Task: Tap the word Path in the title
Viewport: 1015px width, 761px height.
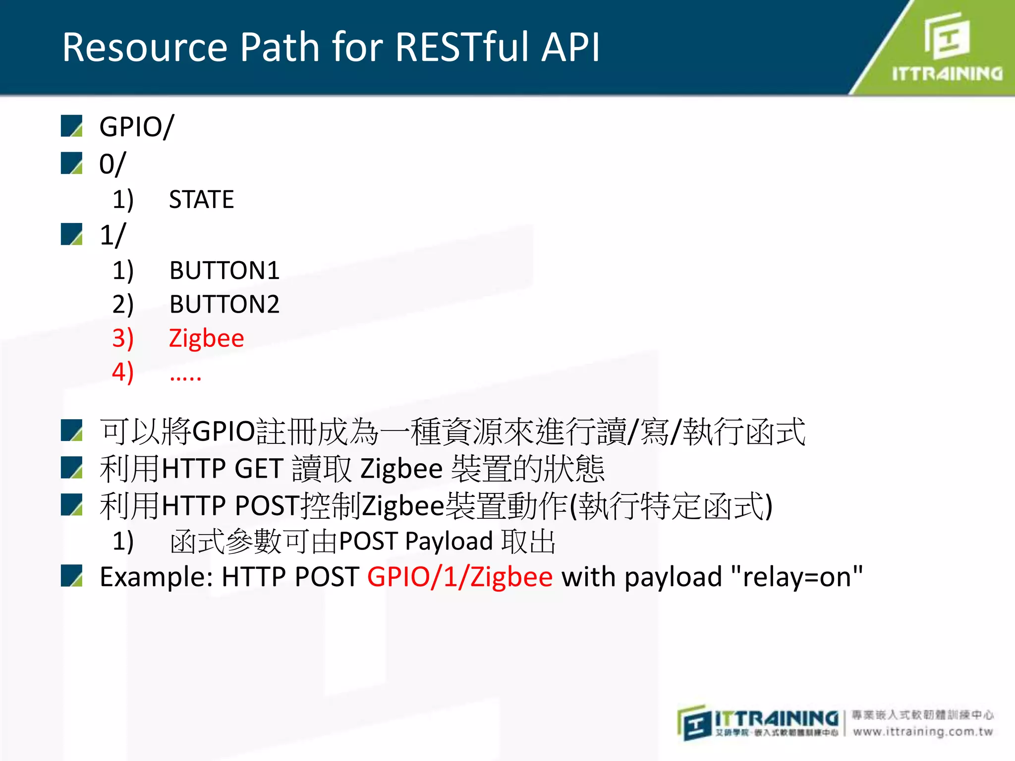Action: click(280, 47)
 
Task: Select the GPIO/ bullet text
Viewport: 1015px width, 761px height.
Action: click(136, 127)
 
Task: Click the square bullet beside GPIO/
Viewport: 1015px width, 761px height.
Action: click(72, 126)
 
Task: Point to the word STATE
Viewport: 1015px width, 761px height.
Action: click(201, 200)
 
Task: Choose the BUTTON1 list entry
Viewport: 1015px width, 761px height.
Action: click(224, 271)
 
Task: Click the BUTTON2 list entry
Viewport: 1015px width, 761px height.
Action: click(224, 304)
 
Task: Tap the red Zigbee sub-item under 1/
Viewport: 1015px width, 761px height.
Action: click(206, 339)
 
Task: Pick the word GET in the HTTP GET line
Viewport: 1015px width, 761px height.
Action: click(259, 469)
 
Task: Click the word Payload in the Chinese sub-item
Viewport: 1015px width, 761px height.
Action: click(449, 541)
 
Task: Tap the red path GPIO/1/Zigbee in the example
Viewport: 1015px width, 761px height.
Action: click(459, 577)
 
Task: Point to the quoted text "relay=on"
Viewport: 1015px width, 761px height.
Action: click(797, 577)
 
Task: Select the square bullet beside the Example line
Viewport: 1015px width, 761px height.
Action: click(72, 576)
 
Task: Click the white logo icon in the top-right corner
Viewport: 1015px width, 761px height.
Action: click(947, 36)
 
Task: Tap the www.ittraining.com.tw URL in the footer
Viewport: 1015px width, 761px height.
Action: click(923, 732)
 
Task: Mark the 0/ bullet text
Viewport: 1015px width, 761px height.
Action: click(113, 164)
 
